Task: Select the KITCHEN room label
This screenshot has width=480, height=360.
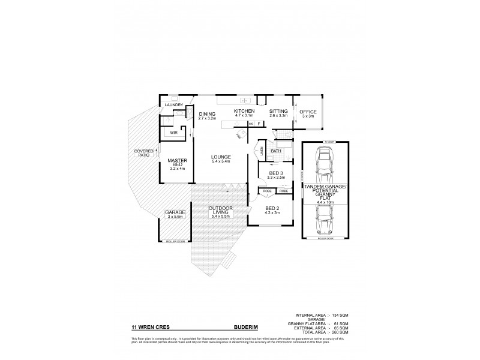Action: click(x=244, y=111)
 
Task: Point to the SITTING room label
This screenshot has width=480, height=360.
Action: click(x=278, y=111)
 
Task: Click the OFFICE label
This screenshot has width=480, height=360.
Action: click(x=308, y=112)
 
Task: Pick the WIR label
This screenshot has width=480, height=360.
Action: click(x=173, y=133)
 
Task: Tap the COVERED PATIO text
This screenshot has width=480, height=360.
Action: click(x=143, y=153)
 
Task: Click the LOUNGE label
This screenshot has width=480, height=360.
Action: click(x=221, y=157)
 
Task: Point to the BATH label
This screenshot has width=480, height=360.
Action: click(x=277, y=151)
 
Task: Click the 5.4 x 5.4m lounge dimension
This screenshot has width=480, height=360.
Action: click(x=221, y=161)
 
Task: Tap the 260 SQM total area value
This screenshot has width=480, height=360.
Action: click(x=340, y=332)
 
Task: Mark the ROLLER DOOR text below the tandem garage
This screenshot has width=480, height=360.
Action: click(x=323, y=238)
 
